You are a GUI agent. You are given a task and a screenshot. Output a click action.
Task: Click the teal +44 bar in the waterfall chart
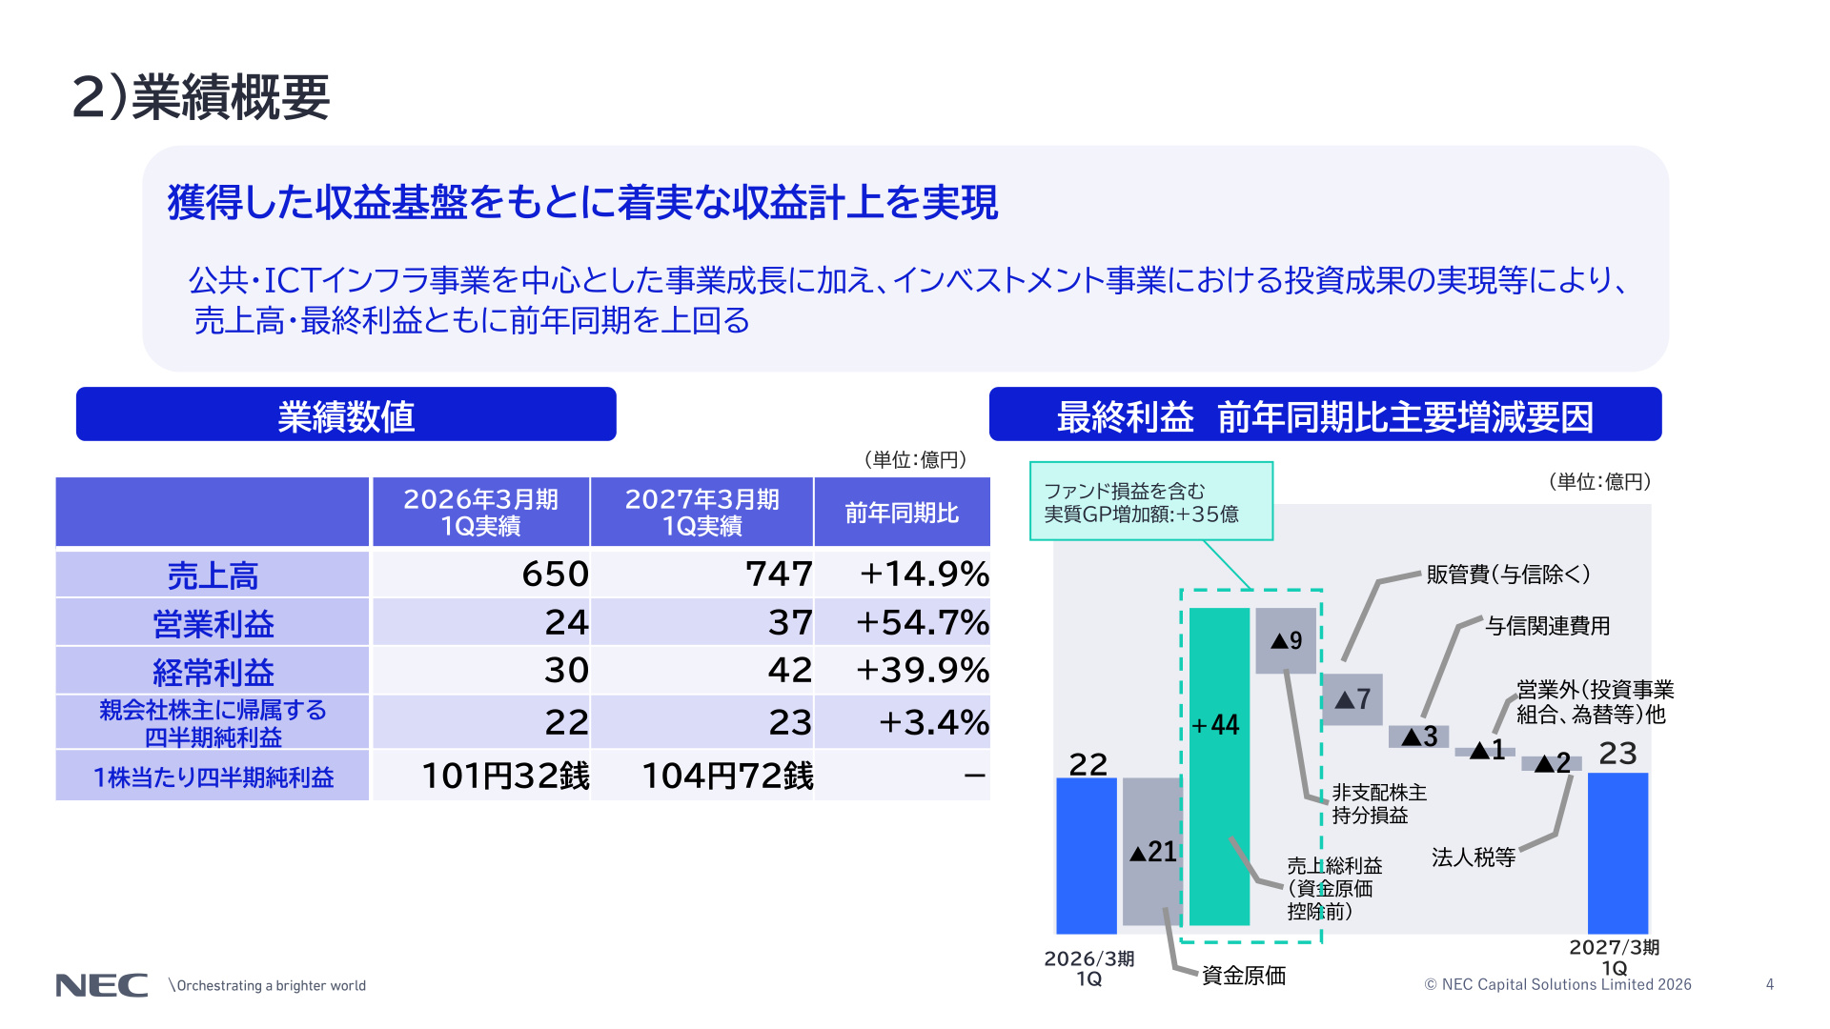point(1219,766)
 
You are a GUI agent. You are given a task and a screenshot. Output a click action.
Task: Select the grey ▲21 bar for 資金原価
point(1151,851)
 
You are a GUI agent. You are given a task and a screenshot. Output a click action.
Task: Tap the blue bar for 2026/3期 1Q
point(1087,856)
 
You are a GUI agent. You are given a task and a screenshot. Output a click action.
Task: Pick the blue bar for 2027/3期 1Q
point(1617,853)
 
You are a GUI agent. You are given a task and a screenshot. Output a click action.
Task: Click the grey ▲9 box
point(1286,640)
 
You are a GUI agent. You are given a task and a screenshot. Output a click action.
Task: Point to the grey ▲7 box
point(1352,699)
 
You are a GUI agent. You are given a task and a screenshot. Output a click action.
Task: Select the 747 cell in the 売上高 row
point(702,574)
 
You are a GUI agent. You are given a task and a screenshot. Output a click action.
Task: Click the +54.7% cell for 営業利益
point(903,622)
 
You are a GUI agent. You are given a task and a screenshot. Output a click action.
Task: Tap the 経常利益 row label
point(213,671)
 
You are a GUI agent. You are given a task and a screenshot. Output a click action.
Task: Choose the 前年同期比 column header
point(903,513)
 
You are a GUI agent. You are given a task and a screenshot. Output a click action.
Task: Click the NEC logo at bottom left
point(102,985)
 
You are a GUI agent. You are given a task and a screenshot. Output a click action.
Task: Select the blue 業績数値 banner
point(346,414)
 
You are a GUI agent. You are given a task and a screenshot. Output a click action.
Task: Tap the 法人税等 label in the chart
point(1474,857)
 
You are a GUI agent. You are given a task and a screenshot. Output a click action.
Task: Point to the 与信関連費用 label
point(1548,626)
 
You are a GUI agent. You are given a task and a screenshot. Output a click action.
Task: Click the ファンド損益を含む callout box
point(1151,501)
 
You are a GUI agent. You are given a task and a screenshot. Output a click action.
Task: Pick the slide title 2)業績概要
point(201,97)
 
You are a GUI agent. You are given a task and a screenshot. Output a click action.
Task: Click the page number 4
point(1770,984)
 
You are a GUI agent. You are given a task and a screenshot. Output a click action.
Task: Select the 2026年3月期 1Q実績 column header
point(481,513)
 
